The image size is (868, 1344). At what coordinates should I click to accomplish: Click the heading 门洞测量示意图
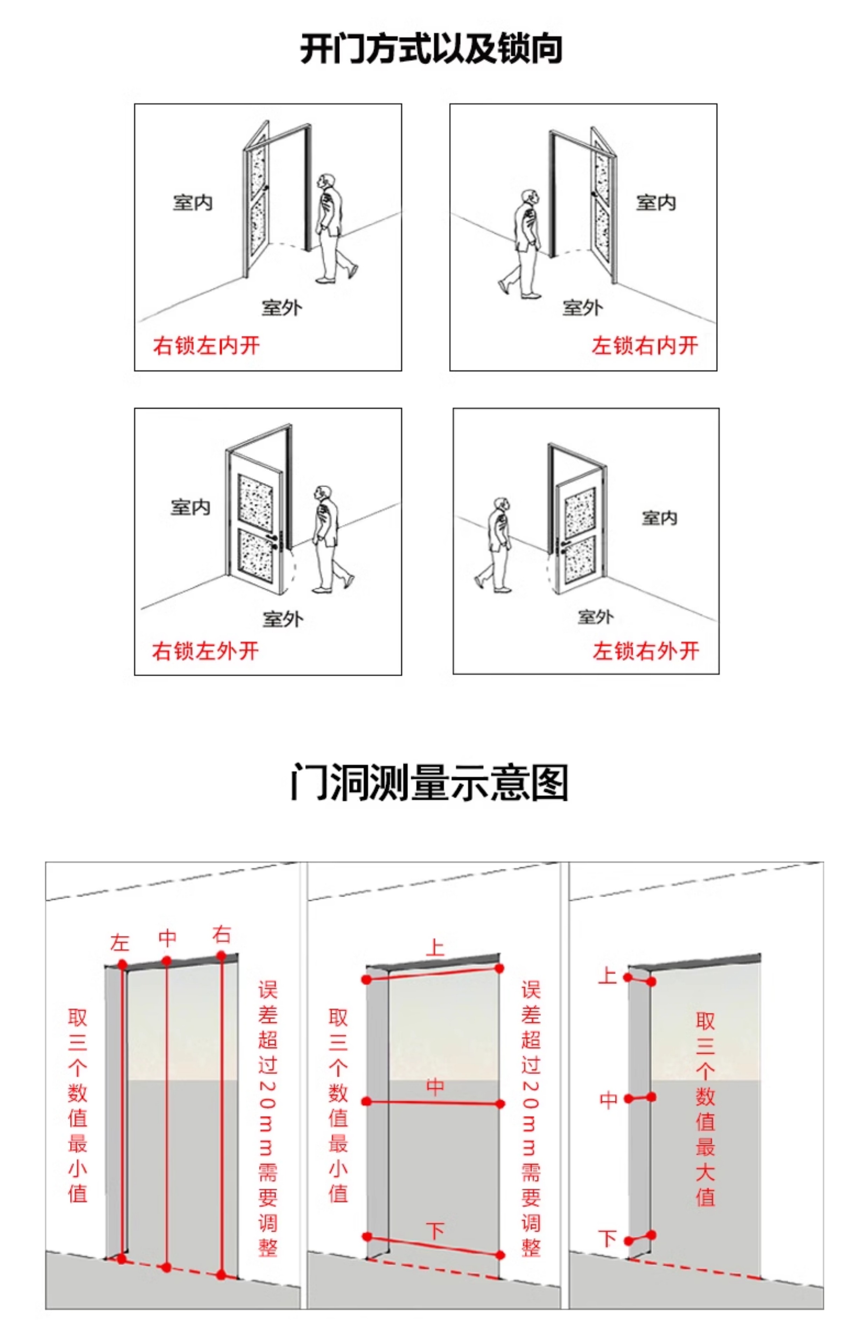[429, 783]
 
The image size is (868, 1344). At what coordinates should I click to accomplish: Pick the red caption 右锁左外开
[205, 651]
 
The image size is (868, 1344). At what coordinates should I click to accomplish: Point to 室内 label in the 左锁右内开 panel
[656, 203]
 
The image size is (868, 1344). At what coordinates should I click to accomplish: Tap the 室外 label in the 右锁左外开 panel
[282, 619]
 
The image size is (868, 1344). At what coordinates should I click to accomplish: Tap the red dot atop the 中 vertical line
[166, 960]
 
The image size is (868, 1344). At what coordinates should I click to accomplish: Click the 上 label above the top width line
[435, 947]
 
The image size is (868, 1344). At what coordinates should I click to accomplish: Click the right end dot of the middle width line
[500, 1104]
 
